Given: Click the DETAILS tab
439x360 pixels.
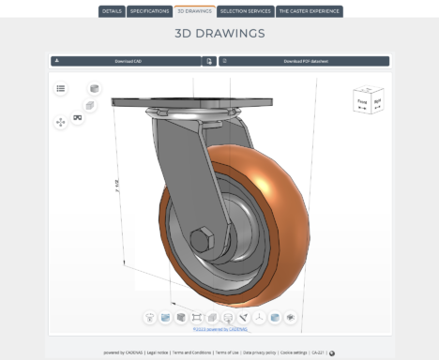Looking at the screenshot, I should coord(112,11).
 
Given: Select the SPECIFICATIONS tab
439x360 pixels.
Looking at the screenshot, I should coord(149,11).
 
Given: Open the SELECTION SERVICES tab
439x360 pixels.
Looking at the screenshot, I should coord(244,11).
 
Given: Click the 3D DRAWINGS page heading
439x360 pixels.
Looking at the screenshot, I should coord(219,33).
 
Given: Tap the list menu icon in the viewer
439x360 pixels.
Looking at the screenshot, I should coord(61,88).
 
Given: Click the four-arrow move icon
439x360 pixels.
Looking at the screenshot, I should coord(61,122).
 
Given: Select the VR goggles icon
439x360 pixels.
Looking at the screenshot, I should coord(78,117).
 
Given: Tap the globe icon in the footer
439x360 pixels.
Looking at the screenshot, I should coord(332,353).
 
